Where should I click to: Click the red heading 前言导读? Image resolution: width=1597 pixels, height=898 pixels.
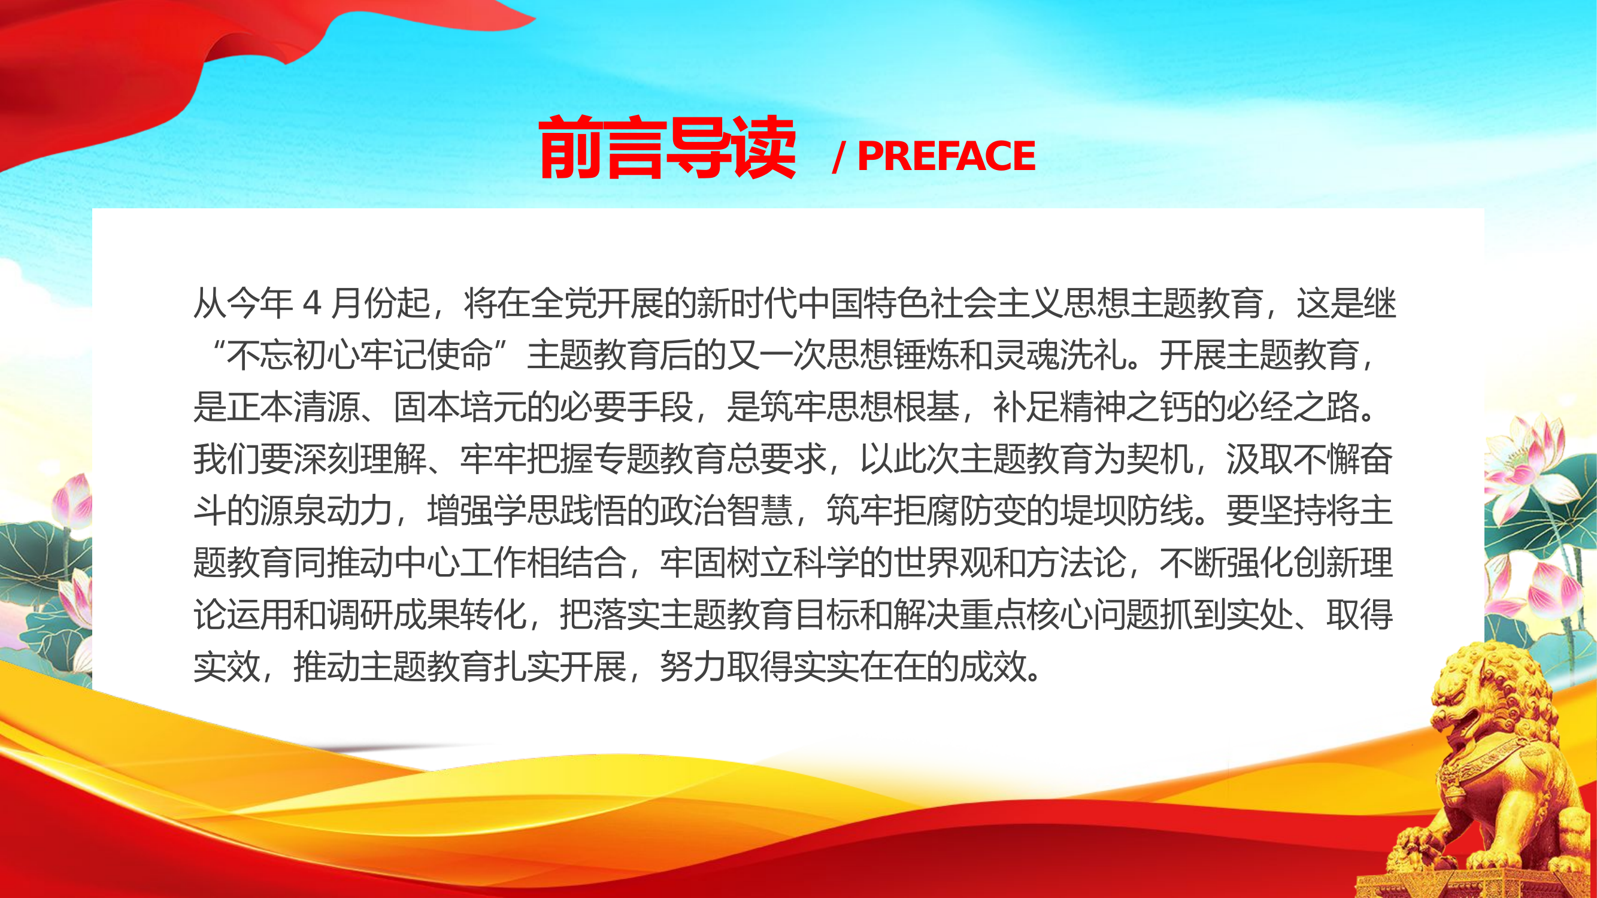point(666,148)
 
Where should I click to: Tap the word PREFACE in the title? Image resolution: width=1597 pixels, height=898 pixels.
point(946,156)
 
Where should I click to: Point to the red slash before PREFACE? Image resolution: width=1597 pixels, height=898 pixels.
point(839,157)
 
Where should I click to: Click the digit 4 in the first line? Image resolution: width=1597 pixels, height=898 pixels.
point(312,304)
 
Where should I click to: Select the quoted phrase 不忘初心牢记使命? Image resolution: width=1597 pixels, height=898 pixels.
point(359,356)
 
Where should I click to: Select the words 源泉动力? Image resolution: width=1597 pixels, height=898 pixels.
point(327,511)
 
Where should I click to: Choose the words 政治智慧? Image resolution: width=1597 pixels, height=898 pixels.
point(726,511)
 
